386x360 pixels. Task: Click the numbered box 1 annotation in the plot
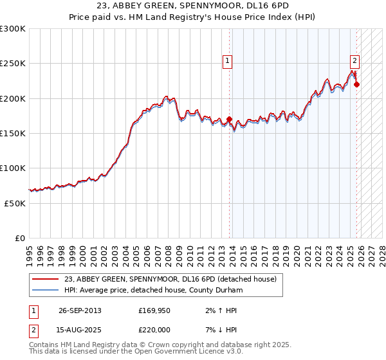click(228, 62)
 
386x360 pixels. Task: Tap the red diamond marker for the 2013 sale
click(229, 119)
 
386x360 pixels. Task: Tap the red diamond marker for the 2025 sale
click(356, 84)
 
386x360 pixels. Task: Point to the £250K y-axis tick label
click(12, 64)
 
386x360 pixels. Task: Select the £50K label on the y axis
click(15, 203)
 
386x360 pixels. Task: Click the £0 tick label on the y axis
click(20, 238)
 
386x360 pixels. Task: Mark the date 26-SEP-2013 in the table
click(80, 310)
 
